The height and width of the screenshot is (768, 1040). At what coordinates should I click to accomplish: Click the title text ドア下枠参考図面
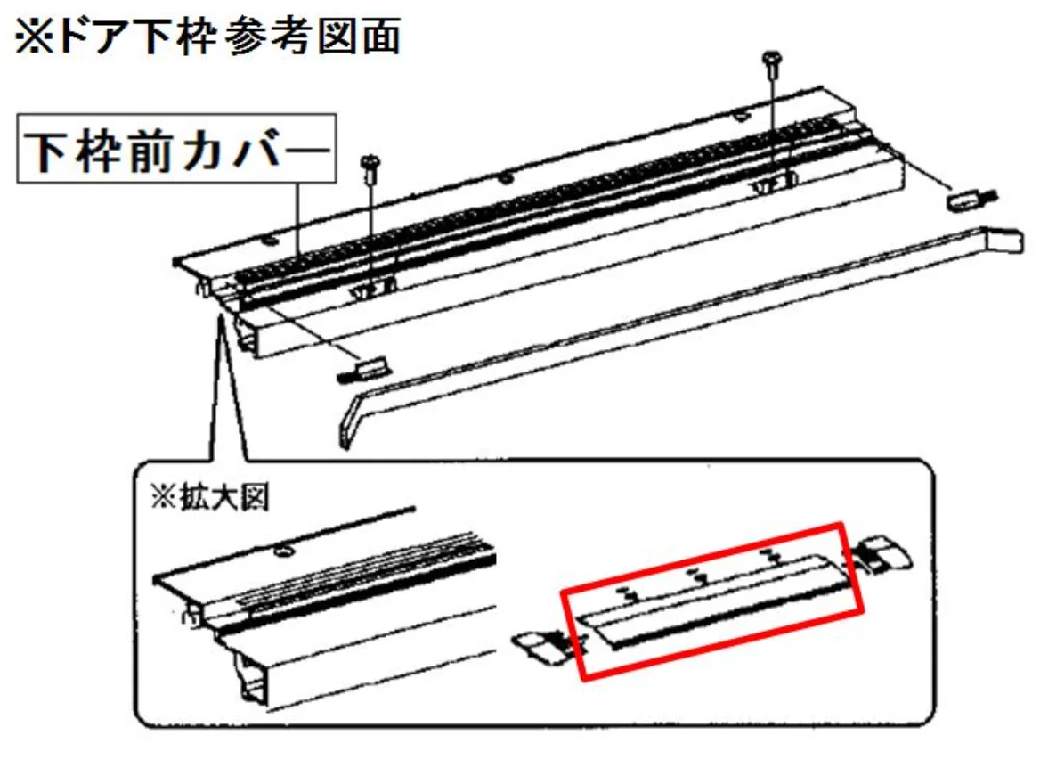(x=229, y=36)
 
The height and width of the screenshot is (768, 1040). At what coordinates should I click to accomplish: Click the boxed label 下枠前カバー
(x=176, y=149)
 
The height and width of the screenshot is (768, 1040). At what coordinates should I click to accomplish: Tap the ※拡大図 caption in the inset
(x=209, y=498)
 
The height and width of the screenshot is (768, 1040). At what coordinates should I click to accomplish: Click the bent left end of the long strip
(x=349, y=421)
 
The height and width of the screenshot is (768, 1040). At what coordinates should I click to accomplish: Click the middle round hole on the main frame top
(x=506, y=178)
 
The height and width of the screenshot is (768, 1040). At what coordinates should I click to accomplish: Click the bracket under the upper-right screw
(x=774, y=184)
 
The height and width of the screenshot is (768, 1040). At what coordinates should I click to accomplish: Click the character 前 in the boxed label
(x=145, y=150)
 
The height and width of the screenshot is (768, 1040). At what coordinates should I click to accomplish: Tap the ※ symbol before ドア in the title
(x=32, y=37)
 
